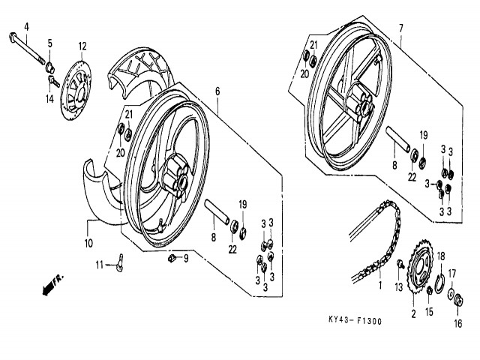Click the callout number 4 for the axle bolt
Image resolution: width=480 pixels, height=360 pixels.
coord(26,28)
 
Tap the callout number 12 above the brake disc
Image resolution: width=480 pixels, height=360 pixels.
coord(82,46)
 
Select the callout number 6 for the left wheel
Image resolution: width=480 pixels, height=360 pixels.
coord(217,91)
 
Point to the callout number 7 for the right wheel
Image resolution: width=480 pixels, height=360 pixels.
coord(400,28)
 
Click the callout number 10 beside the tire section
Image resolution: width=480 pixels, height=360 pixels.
coord(88,244)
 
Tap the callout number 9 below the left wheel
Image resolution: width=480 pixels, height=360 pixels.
coord(187,259)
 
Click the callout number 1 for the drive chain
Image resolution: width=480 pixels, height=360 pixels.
coord(379,286)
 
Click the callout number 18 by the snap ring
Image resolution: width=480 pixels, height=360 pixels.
coord(441,256)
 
